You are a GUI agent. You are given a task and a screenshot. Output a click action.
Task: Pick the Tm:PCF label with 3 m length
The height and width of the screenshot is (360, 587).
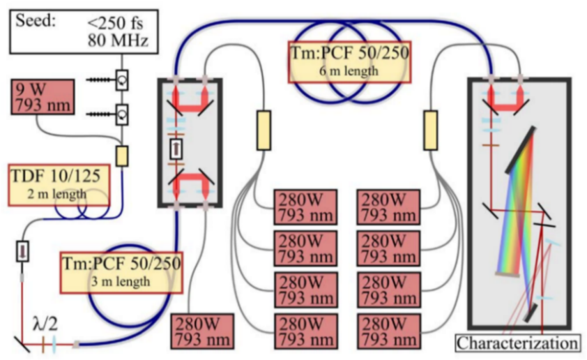click(121, 271)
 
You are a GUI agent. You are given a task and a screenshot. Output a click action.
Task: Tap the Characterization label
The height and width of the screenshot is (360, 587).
click(517, 343)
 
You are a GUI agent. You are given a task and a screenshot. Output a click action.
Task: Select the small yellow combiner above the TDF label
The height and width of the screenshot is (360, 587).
click(122, 156)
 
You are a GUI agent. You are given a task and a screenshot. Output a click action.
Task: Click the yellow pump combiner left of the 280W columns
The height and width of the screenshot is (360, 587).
click(263, 130)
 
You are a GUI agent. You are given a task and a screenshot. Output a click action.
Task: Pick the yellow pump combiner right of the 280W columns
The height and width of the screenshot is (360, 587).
click(430, 130)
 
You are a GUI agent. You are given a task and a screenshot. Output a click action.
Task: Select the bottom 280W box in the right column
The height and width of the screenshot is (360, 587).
click(387, 332)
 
